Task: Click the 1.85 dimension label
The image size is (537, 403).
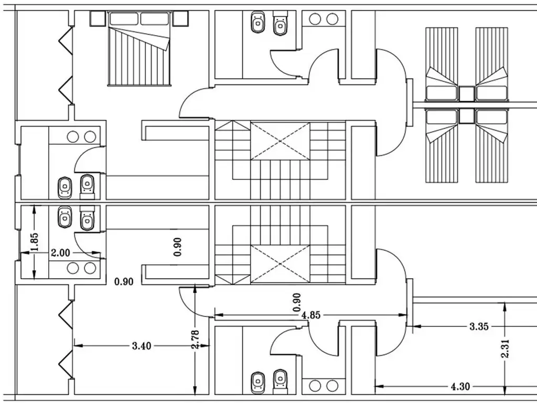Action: coord(35,242)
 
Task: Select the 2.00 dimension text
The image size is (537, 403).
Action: coord(60,253)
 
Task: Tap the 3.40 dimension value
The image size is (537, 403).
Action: coord(142,346)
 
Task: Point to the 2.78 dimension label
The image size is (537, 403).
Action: coord(195,340)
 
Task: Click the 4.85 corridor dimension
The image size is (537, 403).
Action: coord(311,315)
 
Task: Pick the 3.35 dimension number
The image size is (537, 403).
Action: coord(479,326)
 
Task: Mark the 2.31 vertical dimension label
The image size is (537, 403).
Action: coord(505,348)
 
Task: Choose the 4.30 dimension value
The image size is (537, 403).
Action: coord(460,387)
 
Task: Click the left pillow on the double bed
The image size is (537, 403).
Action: coord(124,19)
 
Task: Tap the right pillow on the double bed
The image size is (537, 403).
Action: coord(155,19)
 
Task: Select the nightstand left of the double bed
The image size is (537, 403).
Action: coord(97,18)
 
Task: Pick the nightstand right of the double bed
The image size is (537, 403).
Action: coord(180,18)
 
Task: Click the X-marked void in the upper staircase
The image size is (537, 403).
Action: coord(280,141)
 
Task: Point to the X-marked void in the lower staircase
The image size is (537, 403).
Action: coord(280,264)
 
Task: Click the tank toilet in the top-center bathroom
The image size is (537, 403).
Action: coord(281,23)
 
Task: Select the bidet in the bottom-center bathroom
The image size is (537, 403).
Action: coord(258,383)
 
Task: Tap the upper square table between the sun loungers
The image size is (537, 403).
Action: coord(466,94)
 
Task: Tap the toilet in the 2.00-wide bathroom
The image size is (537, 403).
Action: coord(87,218)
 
